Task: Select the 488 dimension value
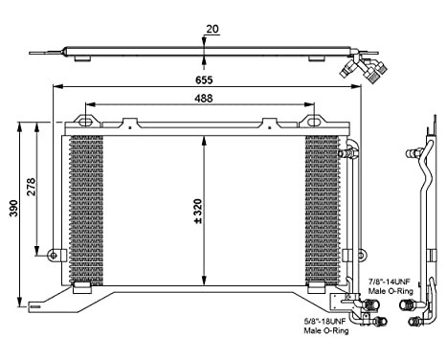click(207, 98)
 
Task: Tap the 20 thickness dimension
click(212, 29)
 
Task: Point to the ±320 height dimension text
click(197, 209)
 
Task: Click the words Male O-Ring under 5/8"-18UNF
click(326, 332)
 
